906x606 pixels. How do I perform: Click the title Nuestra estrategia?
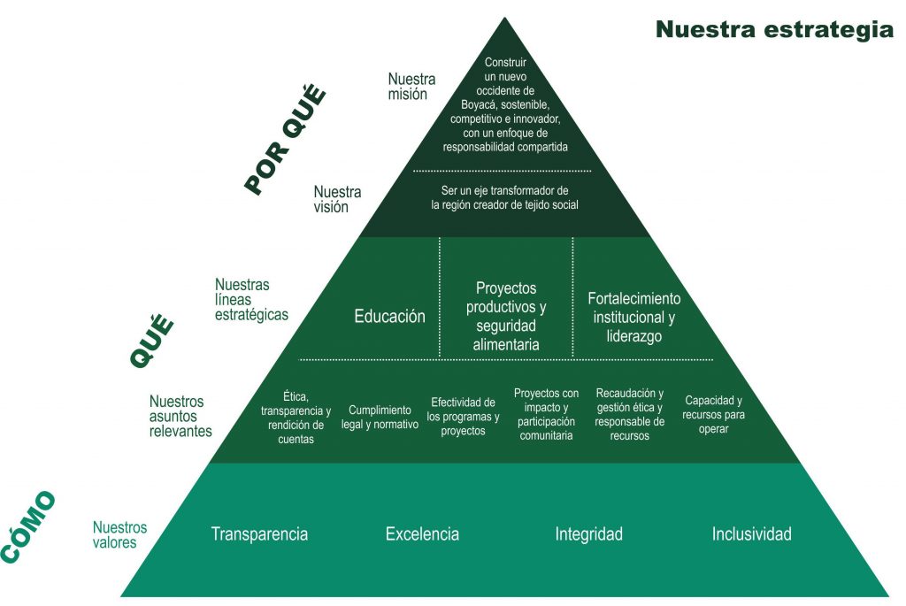click(x=774, y=29)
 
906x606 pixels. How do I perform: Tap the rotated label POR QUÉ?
click(x=285, y=139)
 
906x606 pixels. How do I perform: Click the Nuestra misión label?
click(x=411, y=87)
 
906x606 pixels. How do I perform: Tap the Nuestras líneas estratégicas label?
click(x=251, y=300)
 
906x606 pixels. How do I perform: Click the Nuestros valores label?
click(x=119, y=534)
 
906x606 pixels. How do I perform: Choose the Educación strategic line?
click(x=389, y=316)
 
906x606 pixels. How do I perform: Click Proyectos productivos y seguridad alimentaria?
click(x=506, y=316)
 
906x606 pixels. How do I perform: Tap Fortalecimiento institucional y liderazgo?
click(x=634, y=317)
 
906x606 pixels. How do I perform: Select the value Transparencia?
click(x=259, y=534)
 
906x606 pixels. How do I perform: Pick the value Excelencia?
click(x=422, y=534)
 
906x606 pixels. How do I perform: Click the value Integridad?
click(x=588, y=534)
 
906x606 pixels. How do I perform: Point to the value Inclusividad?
click(x=751, y=534)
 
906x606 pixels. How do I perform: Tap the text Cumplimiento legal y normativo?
click(x=380, y=417)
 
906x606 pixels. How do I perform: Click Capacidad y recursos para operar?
click(x=713, y=415)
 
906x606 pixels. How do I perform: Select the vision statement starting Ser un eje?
click(x=504, y=197)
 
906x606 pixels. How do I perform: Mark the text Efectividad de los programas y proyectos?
click(x=463, y=416)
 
